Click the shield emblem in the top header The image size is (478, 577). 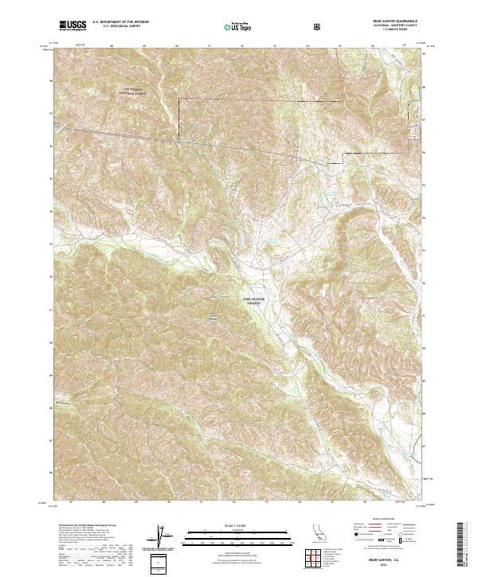[x=319, y=26]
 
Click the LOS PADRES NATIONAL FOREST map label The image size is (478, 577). [x=137, y=91]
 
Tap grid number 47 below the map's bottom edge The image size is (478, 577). [x=69, y=503]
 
